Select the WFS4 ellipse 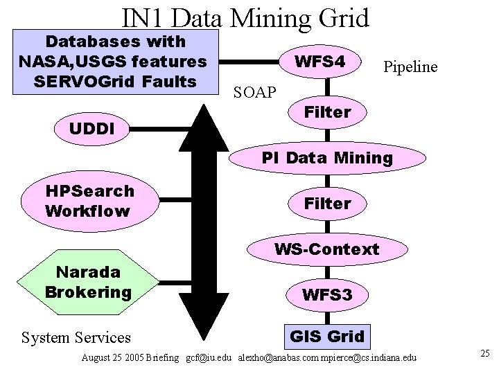(319, 62)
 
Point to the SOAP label (254, 91)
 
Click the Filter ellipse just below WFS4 (327, 112)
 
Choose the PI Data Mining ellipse (327, 158)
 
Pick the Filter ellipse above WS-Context (327, 204)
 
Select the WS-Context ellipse (327, 248)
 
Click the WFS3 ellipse (327, 295)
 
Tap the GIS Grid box (326, 337)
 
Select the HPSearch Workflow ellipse (90, 201)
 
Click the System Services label (76, 337)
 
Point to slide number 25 (484, 354)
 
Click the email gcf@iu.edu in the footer (210, 357)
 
